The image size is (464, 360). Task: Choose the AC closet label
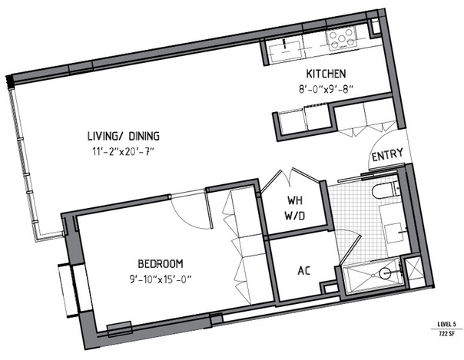pos(304,270)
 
